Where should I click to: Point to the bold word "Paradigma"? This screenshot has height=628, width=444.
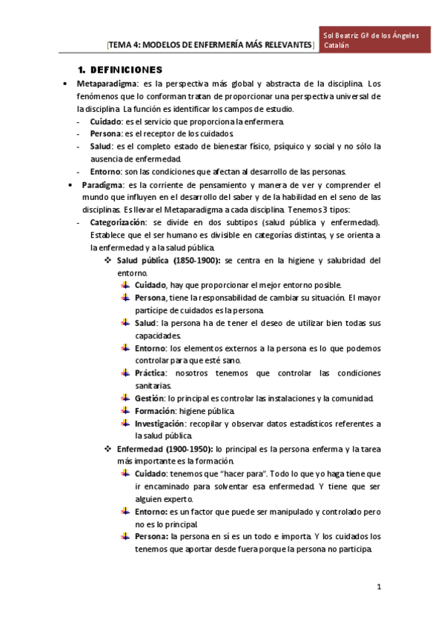(x=103, y=184)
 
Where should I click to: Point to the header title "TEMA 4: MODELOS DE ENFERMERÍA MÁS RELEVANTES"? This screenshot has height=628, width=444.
(x=211, y=45)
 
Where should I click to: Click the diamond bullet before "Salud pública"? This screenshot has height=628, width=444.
(x=108, y=260)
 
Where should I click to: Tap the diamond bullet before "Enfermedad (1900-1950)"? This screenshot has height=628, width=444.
(x=108, y=449)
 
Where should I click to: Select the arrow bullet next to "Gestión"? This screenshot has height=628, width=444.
(x=125, y=398)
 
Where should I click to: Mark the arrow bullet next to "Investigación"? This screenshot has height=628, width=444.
(x=125, y=424)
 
